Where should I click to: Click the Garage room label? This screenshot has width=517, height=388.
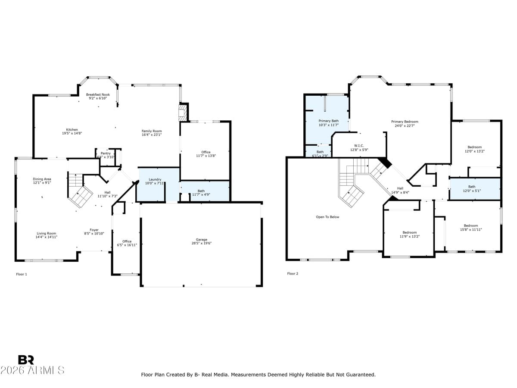tap(202, 240)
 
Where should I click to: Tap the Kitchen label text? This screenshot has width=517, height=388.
tap(72, 129)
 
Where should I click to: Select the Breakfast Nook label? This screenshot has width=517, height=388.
tap(98, 94)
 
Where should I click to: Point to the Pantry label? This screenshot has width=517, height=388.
tap(106, 153)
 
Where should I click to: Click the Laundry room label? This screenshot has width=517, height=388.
tap(155, 179)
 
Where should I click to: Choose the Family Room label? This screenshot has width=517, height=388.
tap(152, 131)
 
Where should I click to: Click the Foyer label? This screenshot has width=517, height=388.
tap(94, 230)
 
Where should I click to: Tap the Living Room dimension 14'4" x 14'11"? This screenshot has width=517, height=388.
tap(47, 237)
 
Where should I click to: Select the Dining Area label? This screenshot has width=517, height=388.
tap(42, 179)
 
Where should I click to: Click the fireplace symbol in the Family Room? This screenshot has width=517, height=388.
tap(183, 115)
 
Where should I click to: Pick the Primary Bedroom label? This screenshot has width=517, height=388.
tap(405, 122)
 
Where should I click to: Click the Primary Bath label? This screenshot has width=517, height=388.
tap(328, 121)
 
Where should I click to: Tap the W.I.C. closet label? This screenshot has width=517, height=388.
tap(359, 146)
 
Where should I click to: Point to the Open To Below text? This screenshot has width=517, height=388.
tap(327, 217)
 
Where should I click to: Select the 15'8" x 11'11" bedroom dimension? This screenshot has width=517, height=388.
tap(470, 230)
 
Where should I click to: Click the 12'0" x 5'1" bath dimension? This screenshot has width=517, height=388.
tap(472, 191)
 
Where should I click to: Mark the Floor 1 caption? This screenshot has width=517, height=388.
tap(22, 274)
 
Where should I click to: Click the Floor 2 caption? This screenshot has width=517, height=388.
tap(293, 274)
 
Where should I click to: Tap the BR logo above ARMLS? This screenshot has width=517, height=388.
tap(26, 360)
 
